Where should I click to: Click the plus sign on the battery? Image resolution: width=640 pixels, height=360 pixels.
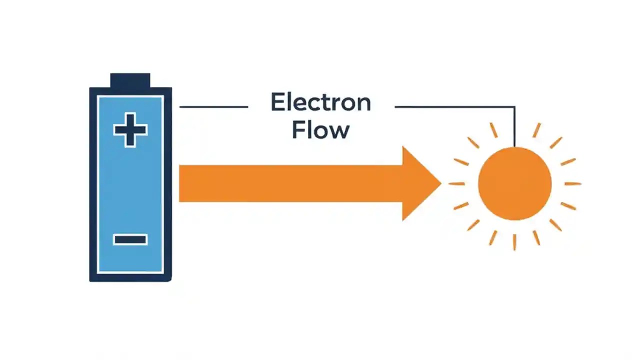click(130, 130)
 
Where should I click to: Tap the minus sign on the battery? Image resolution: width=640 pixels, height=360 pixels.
click(130, 239)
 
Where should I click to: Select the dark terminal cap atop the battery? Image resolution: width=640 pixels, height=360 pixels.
click(130, 80)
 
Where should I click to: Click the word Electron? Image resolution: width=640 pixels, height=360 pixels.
click(320, 102)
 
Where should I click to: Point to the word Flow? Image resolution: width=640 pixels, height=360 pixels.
click(320, 129)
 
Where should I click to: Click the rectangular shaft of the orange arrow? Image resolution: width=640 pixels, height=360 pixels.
click(290, 183)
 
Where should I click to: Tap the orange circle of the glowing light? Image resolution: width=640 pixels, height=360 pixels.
click(514, 183)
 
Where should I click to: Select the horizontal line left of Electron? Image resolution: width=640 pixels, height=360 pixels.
click(213, 106)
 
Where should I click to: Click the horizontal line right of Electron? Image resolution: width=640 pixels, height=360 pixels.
click(450, 106)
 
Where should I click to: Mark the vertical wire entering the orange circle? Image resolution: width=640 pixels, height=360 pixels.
click(514, 127)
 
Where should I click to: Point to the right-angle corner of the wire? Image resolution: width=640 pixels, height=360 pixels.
click(514, 106)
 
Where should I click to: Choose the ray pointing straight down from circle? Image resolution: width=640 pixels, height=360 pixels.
click(514, 241)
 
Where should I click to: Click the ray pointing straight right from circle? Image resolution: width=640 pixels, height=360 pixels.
click(573, 183)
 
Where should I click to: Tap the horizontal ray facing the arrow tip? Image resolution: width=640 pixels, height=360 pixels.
click(456, 183)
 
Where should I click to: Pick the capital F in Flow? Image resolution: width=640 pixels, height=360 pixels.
click(297, 129)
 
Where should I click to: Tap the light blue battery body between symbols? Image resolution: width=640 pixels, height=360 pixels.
click(130, 185)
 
